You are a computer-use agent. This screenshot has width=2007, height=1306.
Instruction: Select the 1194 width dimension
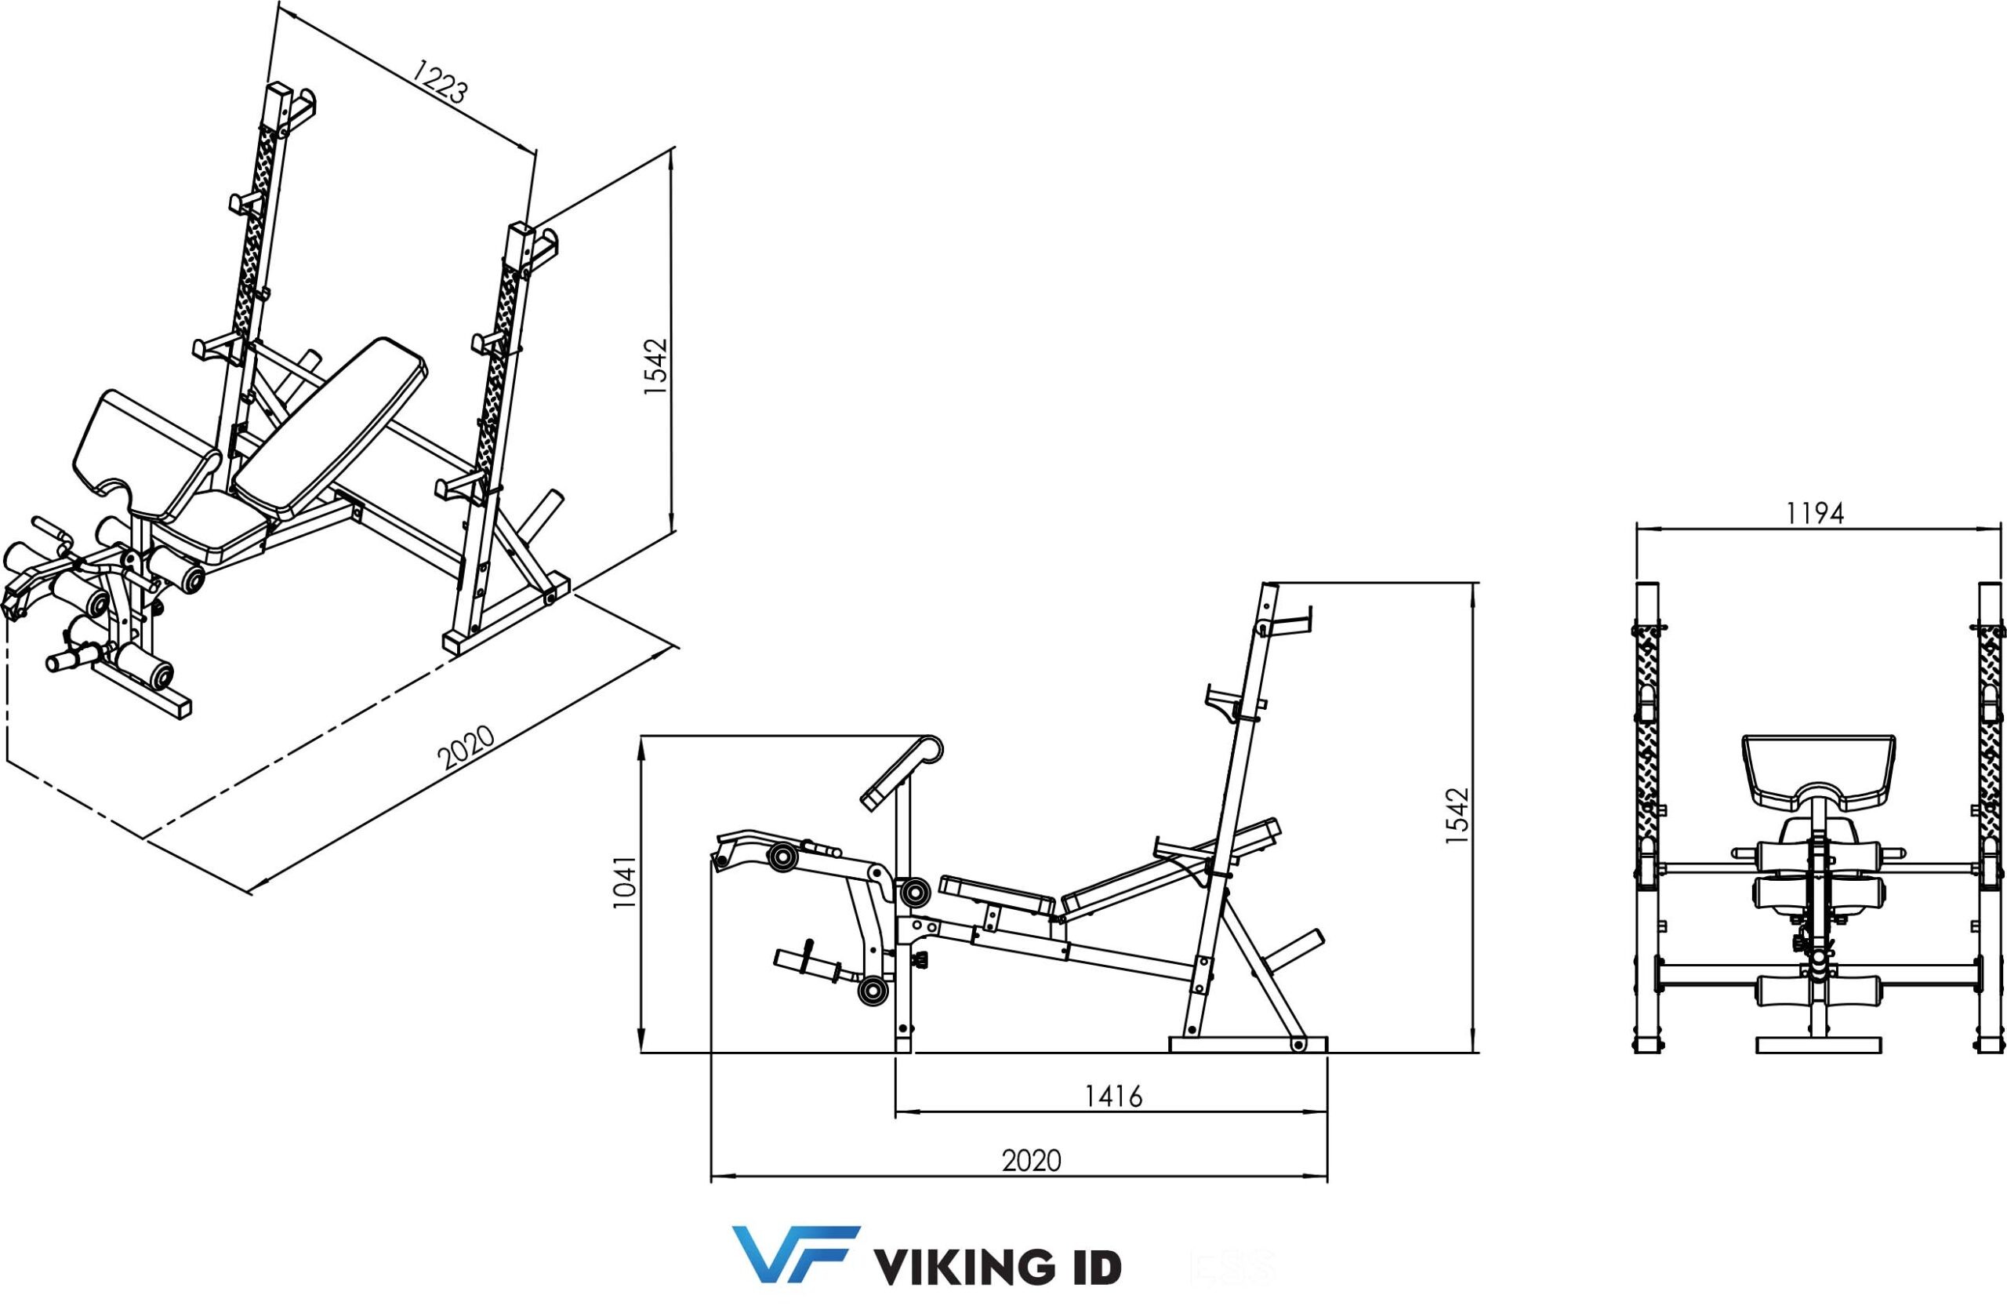click(1815, 514)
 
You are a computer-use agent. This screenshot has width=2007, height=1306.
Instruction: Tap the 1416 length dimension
click(1113, 1097)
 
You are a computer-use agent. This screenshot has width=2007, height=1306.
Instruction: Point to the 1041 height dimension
click(625, 883)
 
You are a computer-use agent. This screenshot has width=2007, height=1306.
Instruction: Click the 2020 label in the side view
click(1031, 1162)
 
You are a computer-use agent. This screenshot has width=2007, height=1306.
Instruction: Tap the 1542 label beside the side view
click(1457, 816)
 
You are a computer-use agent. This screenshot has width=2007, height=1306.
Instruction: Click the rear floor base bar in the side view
click(1248, 1046)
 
